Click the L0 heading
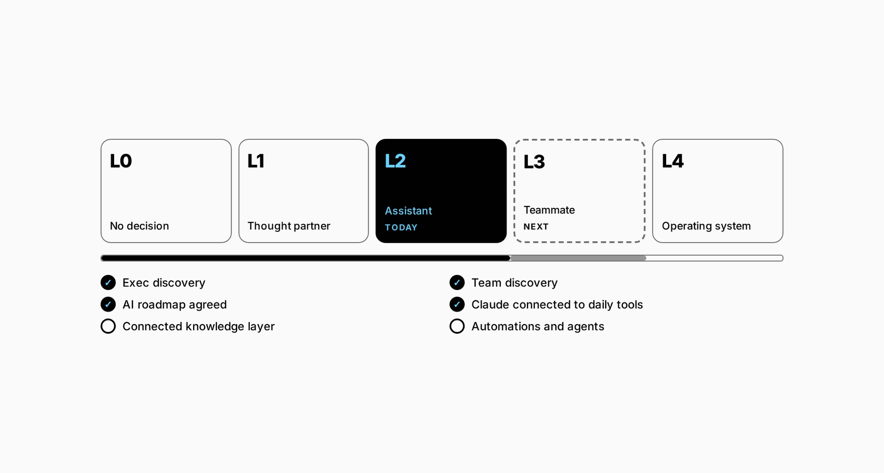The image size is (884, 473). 121,161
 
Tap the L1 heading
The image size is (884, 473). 256,161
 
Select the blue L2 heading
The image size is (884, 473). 395,161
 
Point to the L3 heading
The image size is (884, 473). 534,162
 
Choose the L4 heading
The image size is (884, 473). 673,161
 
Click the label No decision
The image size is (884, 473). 139,226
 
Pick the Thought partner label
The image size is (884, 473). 289,226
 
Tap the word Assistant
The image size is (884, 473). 408,211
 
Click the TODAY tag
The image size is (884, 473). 401,227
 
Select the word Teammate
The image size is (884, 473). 549,210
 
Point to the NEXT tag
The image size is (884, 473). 536,226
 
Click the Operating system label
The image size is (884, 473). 706,226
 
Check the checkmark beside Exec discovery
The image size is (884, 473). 108,282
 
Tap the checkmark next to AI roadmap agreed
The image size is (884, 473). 108,304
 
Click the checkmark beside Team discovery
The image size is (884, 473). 457,282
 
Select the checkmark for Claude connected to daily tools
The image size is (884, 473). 457,304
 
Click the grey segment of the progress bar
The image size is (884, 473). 578,258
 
